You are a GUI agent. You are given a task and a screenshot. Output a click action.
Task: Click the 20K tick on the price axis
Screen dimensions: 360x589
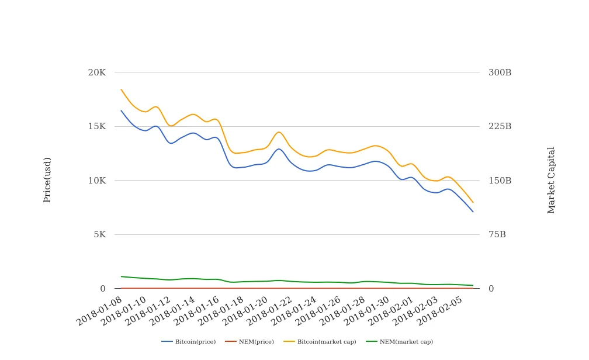[x=96, y=72]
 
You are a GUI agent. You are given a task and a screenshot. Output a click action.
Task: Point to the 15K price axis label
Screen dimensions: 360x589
[x=96, y=126]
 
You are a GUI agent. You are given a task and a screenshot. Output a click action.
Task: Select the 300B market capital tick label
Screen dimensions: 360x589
[x=500, y=72]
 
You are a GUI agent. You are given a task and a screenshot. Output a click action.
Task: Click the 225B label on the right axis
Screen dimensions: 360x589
[x=500, y=126]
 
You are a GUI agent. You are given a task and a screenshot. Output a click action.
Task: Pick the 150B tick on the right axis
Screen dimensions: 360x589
[x=500, y=181]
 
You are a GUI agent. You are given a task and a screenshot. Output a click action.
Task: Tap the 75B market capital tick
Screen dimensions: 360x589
[x=497, y=234]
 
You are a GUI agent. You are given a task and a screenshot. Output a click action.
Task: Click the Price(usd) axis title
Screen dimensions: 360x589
[x=47, y=179]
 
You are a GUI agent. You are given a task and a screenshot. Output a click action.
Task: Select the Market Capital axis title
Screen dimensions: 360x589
[x=551, y=180]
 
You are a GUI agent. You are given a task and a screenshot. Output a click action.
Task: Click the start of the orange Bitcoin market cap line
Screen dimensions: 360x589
[x=121, y=89]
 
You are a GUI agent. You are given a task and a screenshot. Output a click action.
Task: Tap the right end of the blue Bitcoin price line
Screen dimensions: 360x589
[x=473, y=212]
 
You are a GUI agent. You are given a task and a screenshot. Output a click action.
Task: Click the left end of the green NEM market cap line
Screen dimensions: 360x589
[x=121, y=276]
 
